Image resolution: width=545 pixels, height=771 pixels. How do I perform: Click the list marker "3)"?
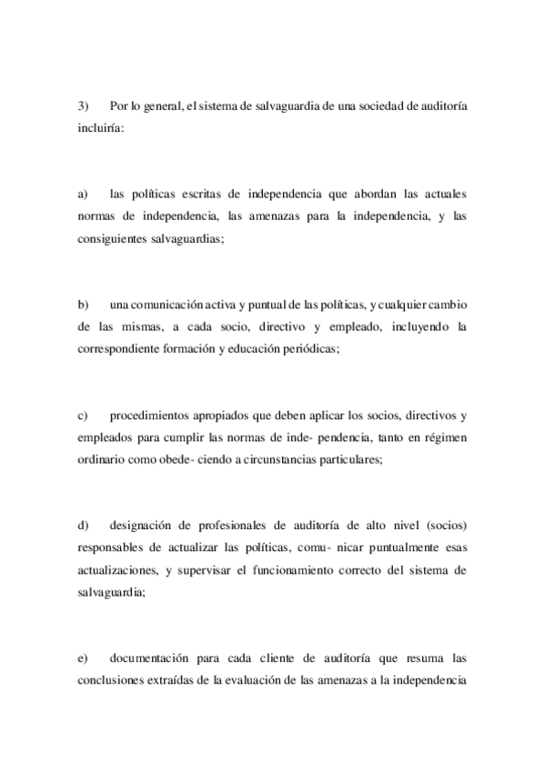82,107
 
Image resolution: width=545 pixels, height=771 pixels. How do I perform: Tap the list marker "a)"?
82,194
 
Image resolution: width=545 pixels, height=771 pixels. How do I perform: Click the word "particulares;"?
343,459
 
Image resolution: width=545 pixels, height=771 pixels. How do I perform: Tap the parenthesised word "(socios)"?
443,525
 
